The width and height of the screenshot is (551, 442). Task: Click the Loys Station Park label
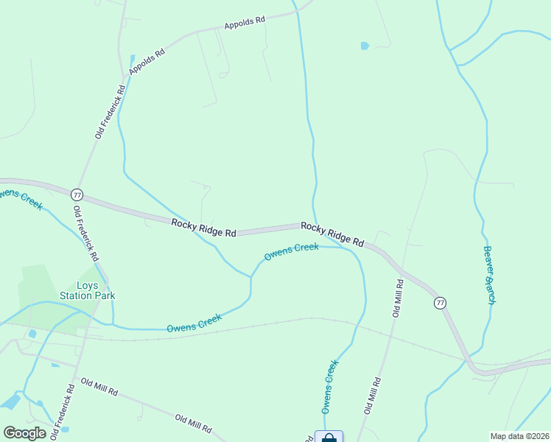[87, 290]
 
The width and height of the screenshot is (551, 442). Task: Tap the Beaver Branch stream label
[489, 275]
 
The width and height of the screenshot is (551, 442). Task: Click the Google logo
[24, 433]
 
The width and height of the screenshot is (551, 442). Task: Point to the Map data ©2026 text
[519, 436]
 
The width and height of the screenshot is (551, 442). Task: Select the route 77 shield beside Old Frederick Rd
[77, 195]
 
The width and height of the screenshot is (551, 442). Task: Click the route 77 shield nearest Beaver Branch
[440, 303]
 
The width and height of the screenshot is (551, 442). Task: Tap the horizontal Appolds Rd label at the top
[245, 22]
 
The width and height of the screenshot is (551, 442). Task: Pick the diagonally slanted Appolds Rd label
[147, 58]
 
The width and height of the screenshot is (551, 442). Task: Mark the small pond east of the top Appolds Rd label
[365, 46]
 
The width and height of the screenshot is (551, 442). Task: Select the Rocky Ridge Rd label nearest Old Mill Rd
[332, 234]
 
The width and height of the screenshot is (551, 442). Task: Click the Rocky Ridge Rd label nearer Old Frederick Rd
[203, 228]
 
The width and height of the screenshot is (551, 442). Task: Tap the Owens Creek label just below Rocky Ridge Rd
[292, 251]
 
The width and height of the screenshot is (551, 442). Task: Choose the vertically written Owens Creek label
[329, 386]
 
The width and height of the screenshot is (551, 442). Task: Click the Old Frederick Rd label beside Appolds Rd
[110, 110]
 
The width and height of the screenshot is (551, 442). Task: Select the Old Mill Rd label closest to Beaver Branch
[397, 298]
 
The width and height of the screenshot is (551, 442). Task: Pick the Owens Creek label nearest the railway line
[194, 323]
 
